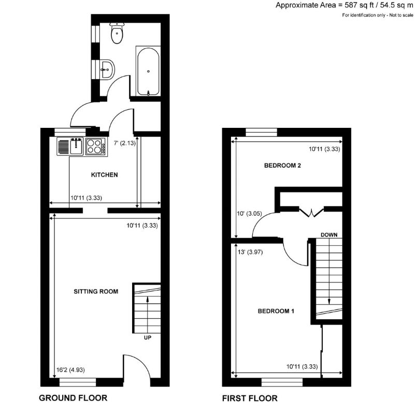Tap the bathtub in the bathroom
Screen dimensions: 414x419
(x=149, y=71)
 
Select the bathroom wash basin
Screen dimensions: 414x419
(x=107, y=68)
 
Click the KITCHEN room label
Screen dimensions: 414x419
(x=105, y=175)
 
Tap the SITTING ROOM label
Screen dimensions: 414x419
(x=96, y=291)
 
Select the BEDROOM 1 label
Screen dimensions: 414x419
(x=276, y=311)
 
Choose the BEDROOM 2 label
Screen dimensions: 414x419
(x=283, y=166)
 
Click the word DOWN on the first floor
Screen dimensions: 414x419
(x=329, y=234)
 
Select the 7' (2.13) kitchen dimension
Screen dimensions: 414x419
(x=124, y=143)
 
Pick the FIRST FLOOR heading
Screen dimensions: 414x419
(x=250, y=398)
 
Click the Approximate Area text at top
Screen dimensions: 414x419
(x=343, y=6)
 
